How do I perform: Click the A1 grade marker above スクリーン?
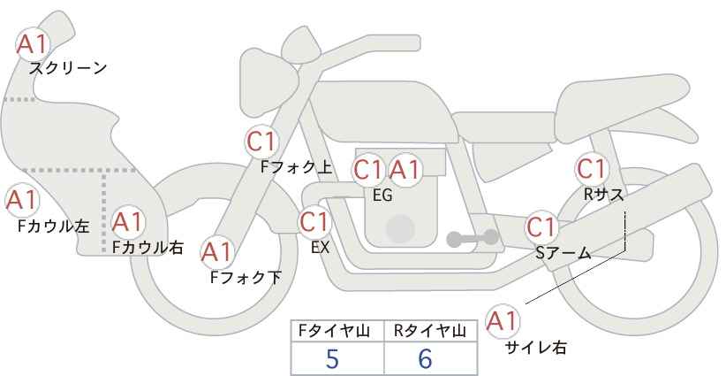coord(33,44)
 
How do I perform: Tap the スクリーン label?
coord(68,69)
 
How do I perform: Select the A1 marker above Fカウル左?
coord(22,201)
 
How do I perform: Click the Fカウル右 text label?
coord(147,247)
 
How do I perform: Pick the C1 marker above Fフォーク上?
coord(261,142)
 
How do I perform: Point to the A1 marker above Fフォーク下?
coord(217,252)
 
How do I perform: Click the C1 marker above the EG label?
coord(369,170)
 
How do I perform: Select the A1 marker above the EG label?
coord(405,170)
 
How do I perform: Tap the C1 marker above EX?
coord(314,222)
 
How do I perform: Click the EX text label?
coord(320,248)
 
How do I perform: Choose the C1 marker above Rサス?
coord(592,169)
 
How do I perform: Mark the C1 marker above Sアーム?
coord(541,227)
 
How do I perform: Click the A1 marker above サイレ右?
coord(503,321)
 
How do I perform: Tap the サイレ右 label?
coord(536,348)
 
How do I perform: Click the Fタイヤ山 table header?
coord(334,331)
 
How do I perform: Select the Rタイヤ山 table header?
coord(430,331)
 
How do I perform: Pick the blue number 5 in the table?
coord(332,358)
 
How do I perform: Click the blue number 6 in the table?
coord(425,358)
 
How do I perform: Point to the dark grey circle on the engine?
coord(400,228)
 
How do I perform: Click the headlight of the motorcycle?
coord(268,82)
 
